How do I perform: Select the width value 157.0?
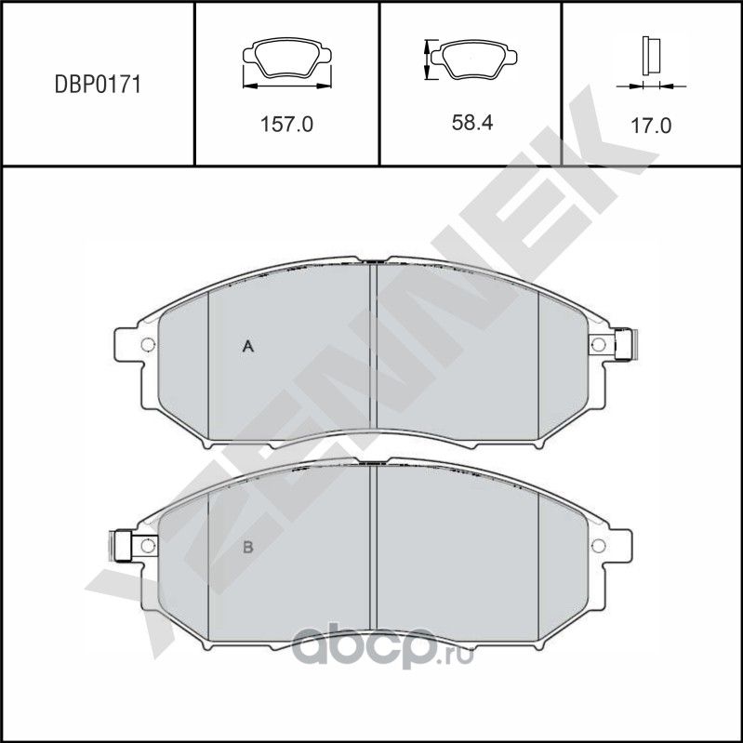[x=285, y=124]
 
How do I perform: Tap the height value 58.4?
[x=470, y=124]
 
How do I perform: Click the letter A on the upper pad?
[x=248, y=347]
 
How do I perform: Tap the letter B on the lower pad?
[x=248, y=547]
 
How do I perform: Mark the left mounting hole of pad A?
[x=146, y=347]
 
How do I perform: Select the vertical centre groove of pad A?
[x=372, y=353]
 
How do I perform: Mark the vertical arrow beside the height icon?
[x=428, y=60]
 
